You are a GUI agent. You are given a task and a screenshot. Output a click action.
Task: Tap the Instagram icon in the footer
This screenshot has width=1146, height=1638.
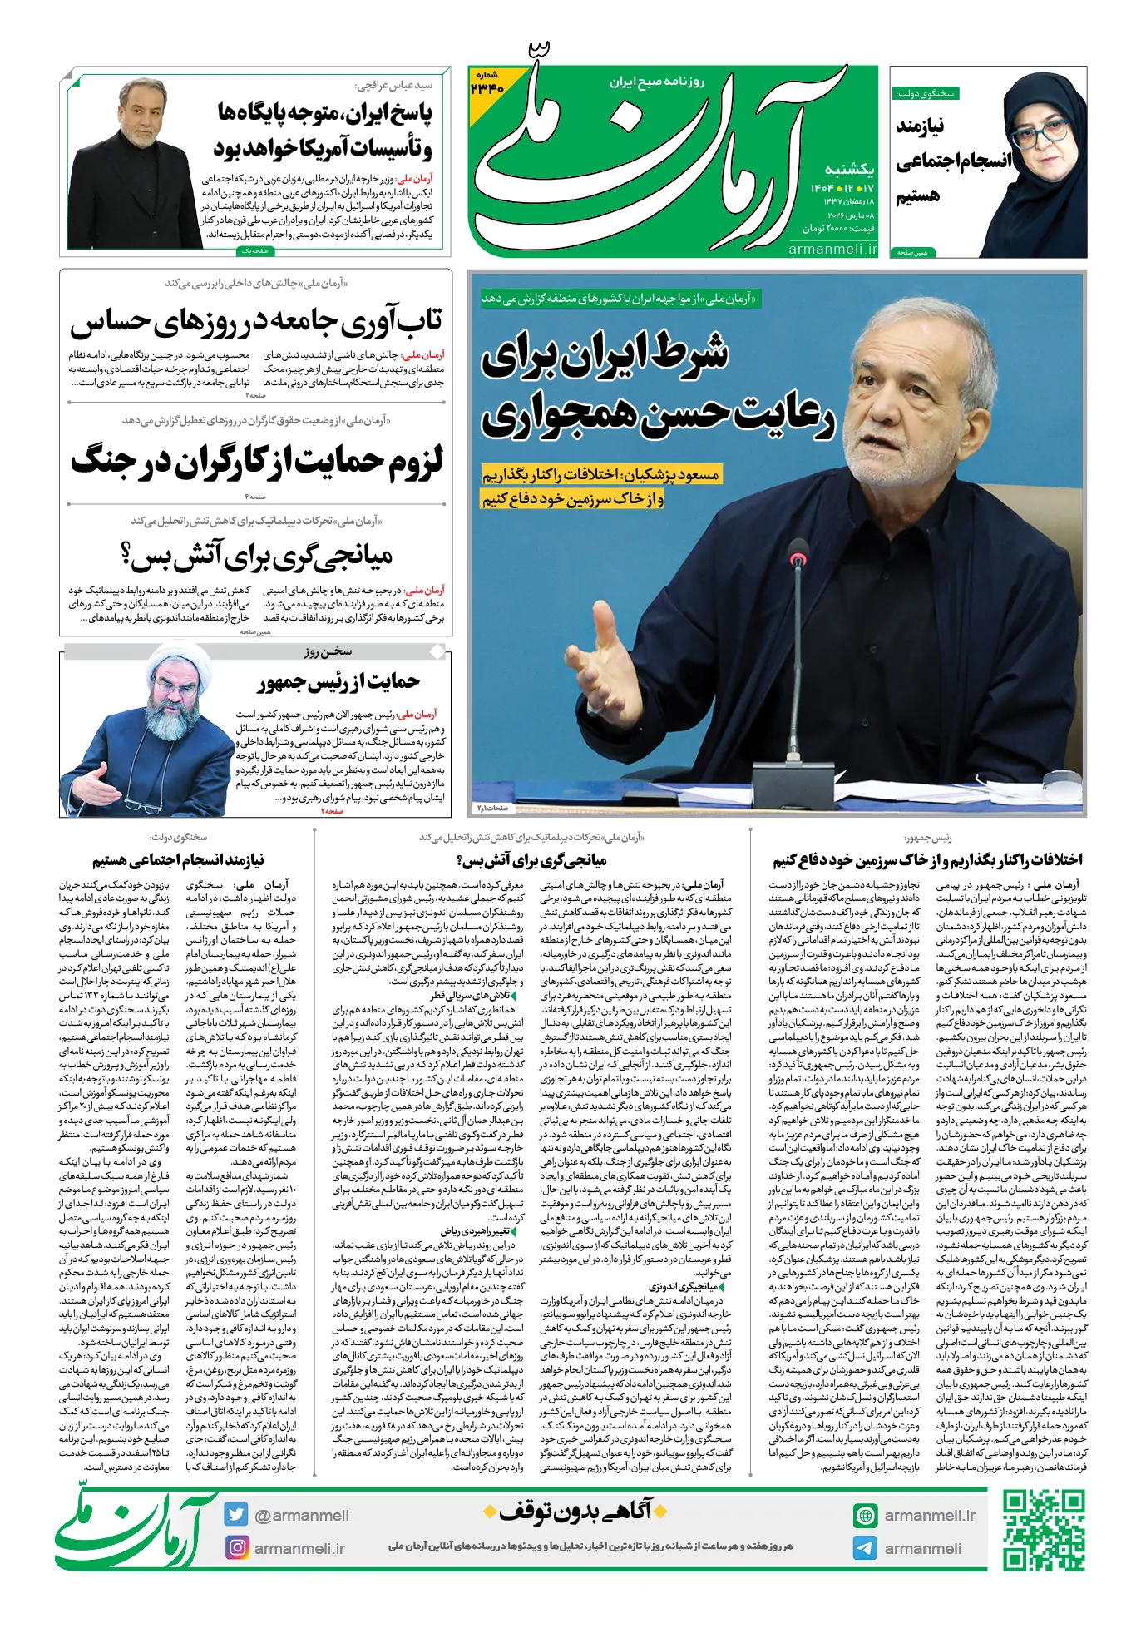(237, 1547)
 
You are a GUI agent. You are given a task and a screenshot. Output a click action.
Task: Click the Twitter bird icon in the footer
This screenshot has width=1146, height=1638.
(236, 1515)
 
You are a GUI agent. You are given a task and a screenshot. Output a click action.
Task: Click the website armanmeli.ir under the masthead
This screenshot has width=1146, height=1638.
(832, 249)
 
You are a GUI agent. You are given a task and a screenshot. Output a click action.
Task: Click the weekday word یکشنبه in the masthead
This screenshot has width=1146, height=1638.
(850, 169)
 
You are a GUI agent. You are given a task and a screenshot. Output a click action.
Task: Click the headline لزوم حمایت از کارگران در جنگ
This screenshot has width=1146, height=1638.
(257, 461)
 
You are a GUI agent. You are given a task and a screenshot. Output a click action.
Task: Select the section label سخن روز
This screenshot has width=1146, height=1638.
(328, 651)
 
